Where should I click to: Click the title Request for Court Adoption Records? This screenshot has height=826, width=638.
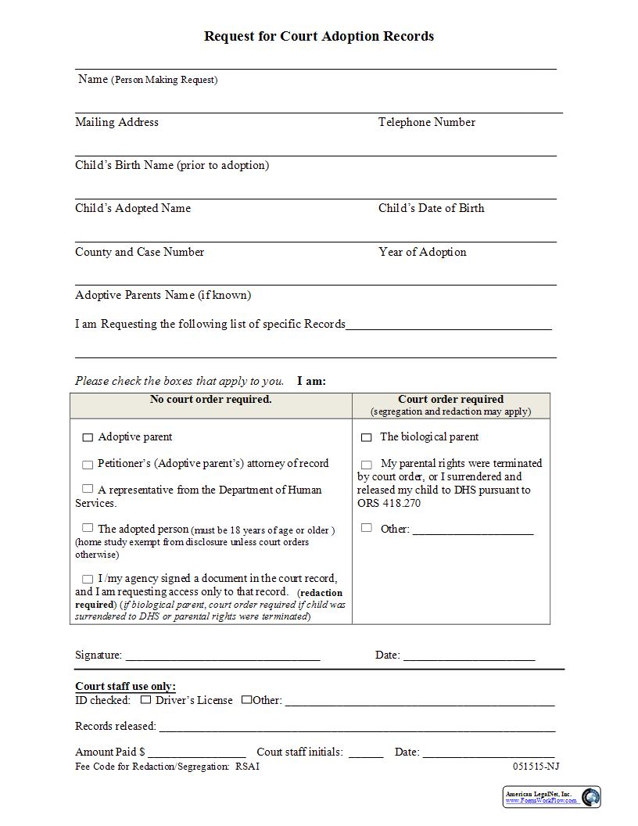(318, 36)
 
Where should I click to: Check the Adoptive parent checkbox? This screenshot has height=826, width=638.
(88, 438)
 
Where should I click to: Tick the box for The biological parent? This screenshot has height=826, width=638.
(366, 438)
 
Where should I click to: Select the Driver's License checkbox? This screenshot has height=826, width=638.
(145, 700)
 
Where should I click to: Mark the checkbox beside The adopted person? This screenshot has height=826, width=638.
(88, 528)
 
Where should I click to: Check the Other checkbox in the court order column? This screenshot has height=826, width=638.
(366, 528)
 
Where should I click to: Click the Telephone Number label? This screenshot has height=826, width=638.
(426, 122)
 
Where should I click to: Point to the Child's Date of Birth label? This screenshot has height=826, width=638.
(431, 208)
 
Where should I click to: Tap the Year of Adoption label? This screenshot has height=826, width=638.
(422, 252)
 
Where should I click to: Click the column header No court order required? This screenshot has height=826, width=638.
(211, 400)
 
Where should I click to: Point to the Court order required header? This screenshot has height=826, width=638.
(451, 400)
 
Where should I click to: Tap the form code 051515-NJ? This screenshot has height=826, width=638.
(536, 767)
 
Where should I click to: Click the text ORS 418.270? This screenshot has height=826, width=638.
(389, 503)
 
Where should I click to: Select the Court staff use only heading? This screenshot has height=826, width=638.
(125, 687)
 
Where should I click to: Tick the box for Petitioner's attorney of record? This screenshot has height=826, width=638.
(88, 465)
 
